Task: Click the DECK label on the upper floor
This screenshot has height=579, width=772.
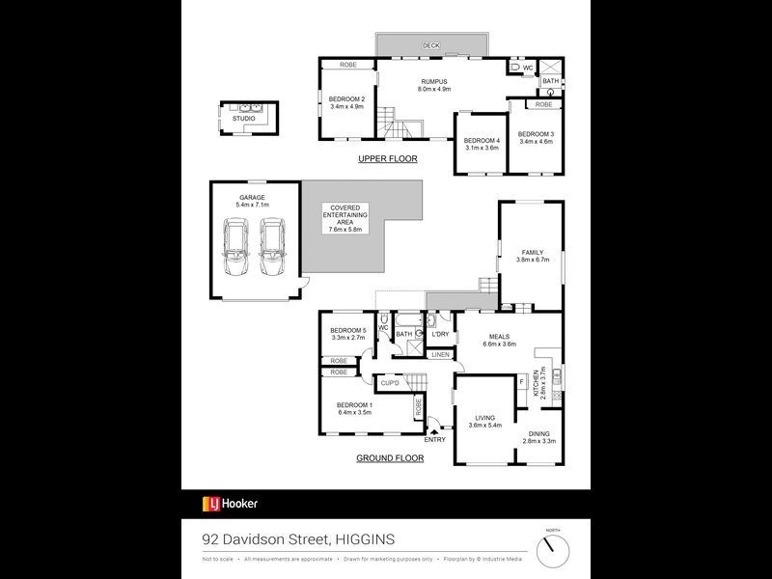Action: click(430, 45)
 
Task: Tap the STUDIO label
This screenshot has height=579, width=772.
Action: click(244, 119)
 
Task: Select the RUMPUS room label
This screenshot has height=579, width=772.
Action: click(435, 85)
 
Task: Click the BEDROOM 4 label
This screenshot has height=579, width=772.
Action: click(482, 144)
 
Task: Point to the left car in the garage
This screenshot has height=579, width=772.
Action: click(235, 247)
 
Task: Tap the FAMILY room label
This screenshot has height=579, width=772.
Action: click(532, 256)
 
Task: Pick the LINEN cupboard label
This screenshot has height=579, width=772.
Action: click(440, 355)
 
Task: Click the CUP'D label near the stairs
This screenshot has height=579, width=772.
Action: click(391, 383)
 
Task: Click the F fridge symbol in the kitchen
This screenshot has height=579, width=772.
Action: click(522, 383)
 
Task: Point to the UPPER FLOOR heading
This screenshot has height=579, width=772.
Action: click(387, 158)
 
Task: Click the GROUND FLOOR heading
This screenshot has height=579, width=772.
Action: click(390, 458)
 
